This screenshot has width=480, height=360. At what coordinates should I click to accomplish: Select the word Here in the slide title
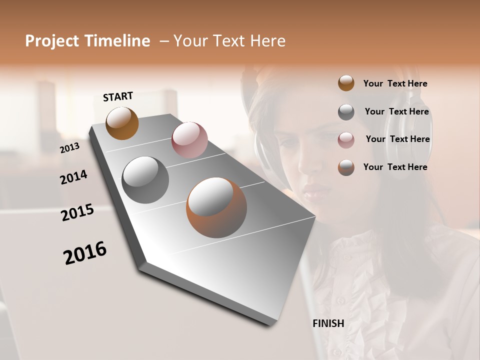tap(267, 41)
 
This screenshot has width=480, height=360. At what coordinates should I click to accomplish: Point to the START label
tap(118, 96)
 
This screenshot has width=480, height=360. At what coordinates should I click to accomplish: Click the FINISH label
tap(328, 323)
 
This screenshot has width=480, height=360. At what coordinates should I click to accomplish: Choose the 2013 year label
tap(70, 148)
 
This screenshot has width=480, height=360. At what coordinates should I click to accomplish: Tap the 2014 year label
tap(74, 177)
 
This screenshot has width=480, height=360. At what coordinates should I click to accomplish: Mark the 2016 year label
tap(85, 253)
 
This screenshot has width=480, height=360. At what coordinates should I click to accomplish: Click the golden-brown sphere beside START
tap(122, 123)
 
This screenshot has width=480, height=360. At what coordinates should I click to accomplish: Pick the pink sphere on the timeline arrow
tap(189, 140)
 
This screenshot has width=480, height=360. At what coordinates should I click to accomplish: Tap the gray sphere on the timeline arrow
tap(145, 179)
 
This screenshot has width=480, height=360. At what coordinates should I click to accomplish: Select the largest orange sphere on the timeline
tap(216, 207)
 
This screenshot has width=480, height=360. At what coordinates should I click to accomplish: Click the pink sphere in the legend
tap(346, 140)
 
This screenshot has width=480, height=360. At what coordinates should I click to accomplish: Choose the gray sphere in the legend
tap(346, 112)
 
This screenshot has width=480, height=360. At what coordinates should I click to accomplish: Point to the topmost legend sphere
tap(346, 83)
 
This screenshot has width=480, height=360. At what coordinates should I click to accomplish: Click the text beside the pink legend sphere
tap(397, 139)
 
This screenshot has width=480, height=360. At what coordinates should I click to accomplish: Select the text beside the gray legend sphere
tap(396, 111)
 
